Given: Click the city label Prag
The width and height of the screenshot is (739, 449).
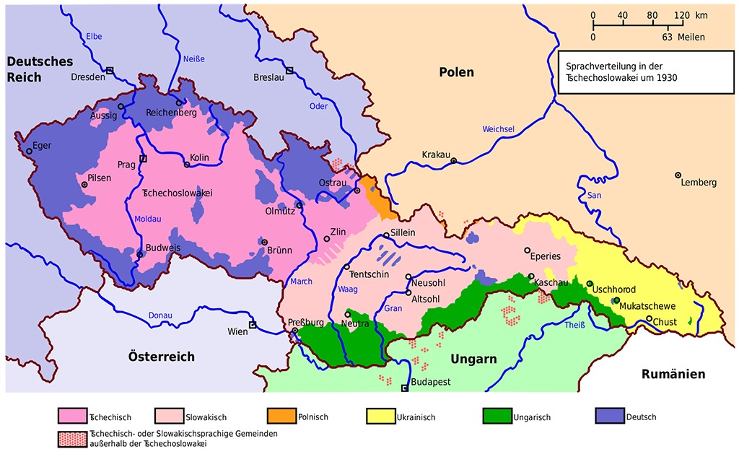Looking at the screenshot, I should (x=126, y=165).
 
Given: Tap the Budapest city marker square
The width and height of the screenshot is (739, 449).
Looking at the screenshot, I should (x=404, y=388).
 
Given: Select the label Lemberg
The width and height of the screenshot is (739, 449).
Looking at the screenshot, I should (x=698, y=183).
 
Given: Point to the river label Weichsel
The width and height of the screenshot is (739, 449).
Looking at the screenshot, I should (x=498, y=129).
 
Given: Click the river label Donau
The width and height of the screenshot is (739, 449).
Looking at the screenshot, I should (x=159, y=315).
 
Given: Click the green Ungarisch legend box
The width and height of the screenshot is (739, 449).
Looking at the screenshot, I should (x=492, y=417).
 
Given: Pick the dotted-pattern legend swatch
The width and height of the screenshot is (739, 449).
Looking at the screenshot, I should (x=70, y=437).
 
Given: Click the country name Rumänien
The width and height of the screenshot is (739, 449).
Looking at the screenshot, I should (x=673, y=374).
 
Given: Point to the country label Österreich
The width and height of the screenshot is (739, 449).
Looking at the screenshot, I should (x=162, y=357).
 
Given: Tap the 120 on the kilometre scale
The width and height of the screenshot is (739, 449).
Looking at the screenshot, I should (x=681, y=15).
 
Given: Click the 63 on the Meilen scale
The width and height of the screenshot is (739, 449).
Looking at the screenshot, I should (x=666, y=37).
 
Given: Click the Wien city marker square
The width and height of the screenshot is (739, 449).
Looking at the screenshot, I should (x=253, y=325).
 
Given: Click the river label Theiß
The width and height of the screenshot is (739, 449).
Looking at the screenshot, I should (x=574, y=325).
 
